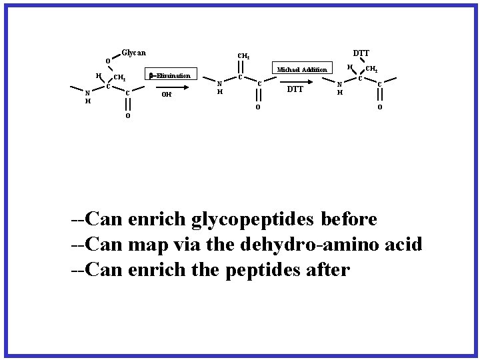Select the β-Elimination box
169,75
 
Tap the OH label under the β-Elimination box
168,95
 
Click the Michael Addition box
302,69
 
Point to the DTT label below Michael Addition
295,89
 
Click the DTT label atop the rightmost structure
361,53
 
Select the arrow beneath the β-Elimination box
169,84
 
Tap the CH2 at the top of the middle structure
244,56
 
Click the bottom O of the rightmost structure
380,108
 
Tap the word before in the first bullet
349,219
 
